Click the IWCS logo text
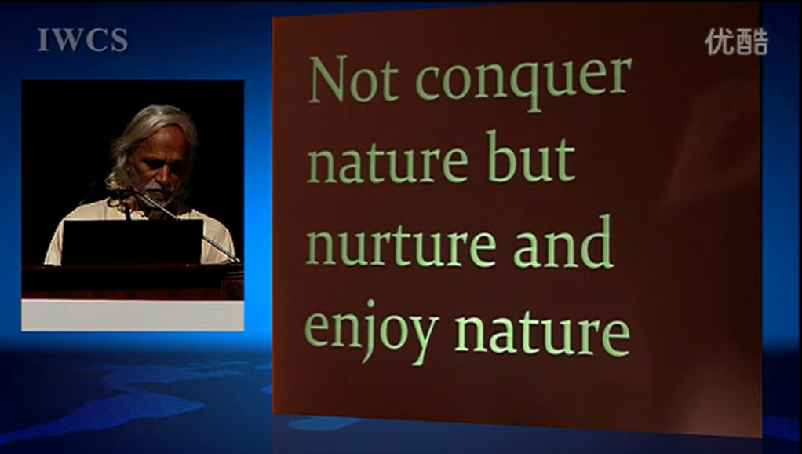point(82,40)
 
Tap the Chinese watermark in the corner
point(737,42)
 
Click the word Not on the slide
point(353,79)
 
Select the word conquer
point(523,83)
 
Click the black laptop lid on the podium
point(133,242)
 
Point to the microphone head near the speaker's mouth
point(122,192)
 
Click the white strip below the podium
point(133,315)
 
